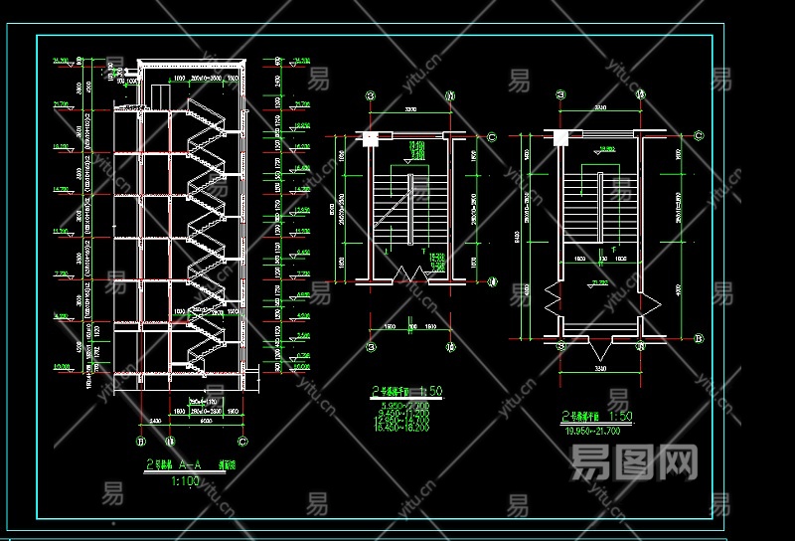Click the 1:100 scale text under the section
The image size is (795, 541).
click(186, 481)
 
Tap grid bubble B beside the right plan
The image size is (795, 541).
click(700, 339)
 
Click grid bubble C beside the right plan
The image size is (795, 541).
click(700, 136)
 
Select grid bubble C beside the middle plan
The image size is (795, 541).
click(494, 136)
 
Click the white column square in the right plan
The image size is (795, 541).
click(558, 137)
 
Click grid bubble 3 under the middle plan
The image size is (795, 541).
click(371, 348)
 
